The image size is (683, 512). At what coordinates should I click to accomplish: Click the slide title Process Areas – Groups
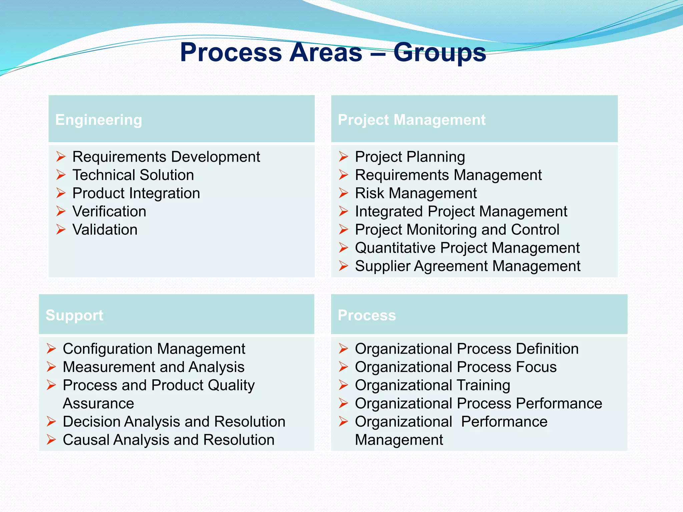tap(333, 52)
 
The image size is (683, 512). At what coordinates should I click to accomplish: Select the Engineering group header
tap(99, 120)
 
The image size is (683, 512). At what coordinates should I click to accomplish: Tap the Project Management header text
tap(412, 120)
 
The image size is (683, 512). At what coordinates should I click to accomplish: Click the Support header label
tap(74, 315)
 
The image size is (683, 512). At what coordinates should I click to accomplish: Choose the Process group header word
tap(367, 315)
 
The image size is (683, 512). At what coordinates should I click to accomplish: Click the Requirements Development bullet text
tap(166, 157)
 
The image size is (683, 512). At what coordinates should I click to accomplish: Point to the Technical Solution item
tap(133, 175)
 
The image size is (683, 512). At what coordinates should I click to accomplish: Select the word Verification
tap(109, 211)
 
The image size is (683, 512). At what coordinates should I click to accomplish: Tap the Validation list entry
tap(105, 230)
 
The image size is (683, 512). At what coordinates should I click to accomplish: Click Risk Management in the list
tap(416, 193)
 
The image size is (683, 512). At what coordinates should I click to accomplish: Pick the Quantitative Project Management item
tap(467, 248)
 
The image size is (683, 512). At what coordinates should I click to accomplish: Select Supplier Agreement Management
tap(468, 266)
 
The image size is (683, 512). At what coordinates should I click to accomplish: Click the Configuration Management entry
tap(154, 349)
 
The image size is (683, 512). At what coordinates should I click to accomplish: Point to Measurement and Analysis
tap(153, 367)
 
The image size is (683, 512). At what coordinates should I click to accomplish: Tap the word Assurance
tap(98, 404)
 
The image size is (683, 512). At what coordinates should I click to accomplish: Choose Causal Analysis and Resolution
tap(168, 440)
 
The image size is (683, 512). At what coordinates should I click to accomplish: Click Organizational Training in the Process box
tap(433, 385)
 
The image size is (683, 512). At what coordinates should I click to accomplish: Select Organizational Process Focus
tap(456, 367)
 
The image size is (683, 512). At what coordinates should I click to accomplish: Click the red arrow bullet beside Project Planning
tap(344, 156)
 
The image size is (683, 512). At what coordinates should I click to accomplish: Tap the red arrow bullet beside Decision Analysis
tap(51, 422)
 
